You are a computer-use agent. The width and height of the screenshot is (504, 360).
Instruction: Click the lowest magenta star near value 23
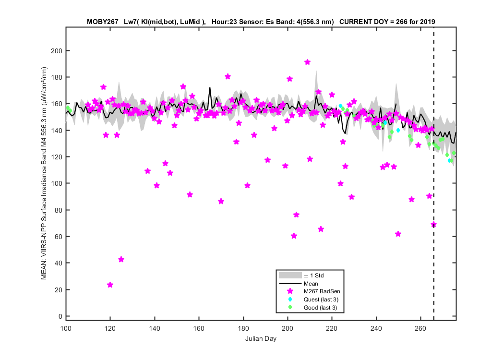click(x=110, y=285)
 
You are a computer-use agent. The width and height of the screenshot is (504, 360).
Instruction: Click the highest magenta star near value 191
click(x=307, y=62)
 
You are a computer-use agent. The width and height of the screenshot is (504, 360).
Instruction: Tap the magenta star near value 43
click(x=121, y=259)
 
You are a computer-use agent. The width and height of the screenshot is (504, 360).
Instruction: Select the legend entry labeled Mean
click(x=311, y=284)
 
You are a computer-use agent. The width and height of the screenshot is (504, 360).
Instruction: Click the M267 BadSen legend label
click(x=322, y=291)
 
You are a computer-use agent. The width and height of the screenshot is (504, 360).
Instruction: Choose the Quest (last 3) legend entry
click(x=321, y=299)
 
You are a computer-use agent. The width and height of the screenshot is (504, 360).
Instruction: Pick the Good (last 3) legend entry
click(x=320, y=308)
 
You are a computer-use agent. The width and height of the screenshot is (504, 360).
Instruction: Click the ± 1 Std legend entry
click(x=314, y=276)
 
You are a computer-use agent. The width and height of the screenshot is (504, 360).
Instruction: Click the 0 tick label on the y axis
click(x=60, y=316)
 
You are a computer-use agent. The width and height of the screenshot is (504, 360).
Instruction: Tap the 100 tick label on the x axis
click(x=66, y=328)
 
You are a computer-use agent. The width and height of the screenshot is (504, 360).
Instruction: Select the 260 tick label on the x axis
click(x=420, y=328)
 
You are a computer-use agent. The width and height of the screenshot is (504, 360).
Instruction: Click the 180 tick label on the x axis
click(x=243, y=328)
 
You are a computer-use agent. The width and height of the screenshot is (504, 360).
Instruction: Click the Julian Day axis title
click(x=261, y=338)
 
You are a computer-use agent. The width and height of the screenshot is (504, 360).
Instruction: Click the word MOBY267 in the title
click(x=103, y=22)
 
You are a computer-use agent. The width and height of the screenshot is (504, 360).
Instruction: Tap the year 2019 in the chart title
click(x=428, y=22)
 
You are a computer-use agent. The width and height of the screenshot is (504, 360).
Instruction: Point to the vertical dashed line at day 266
click(x=433, y=174)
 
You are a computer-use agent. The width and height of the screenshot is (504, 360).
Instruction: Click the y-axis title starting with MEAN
click(x=44, y=173)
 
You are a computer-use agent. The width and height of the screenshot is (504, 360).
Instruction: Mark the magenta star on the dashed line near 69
click(x=433, y=224)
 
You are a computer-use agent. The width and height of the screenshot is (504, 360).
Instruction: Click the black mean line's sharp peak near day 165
click(x=210, y=87)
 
